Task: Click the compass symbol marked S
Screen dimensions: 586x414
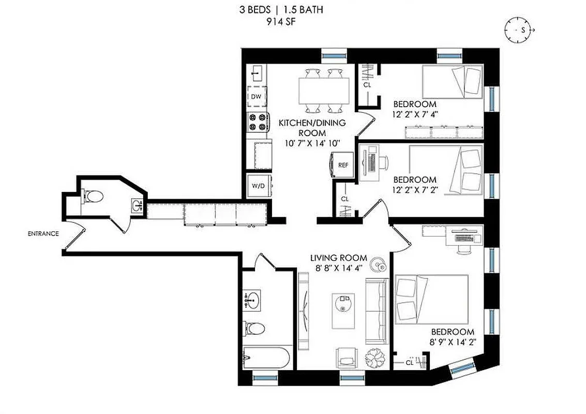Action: (x=519, y=29)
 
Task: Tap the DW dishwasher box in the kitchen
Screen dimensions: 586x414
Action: (x=256, y=97)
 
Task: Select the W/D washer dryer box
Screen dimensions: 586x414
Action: (x=258, y=186)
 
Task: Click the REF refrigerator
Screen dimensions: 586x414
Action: (x=342, y=165)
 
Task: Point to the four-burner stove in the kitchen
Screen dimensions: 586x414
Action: (x=258, y=122)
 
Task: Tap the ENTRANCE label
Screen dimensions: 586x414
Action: (x=43, y=233)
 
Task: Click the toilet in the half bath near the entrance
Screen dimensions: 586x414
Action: (x=94, y=196)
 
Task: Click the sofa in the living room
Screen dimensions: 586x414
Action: (x=377, y=310)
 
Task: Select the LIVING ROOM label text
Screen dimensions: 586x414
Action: (x=338, y=258)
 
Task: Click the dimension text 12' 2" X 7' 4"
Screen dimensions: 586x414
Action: (x=415, y=114)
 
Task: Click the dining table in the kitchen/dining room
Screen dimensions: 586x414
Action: (x=324, y=91)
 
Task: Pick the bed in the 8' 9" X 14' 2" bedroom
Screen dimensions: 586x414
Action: (x=431, y=299)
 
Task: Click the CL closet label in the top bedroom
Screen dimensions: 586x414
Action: (x=367, y=84)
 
